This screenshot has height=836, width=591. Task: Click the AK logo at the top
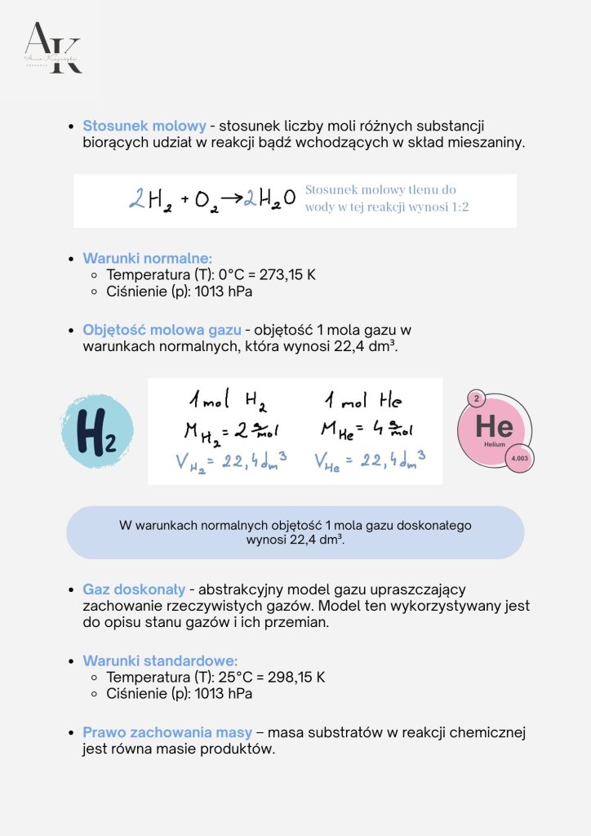point(53,49)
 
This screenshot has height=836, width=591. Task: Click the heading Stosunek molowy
point(144,127)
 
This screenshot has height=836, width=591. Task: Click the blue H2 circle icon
point(96,431)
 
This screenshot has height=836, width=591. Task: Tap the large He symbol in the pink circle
point(494,426)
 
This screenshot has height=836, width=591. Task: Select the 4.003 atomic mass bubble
point(519,459)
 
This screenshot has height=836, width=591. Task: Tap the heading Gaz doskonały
point(134,589)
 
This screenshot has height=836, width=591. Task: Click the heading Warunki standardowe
point(160,661)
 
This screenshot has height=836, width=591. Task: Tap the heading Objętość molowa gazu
point(162,330)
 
